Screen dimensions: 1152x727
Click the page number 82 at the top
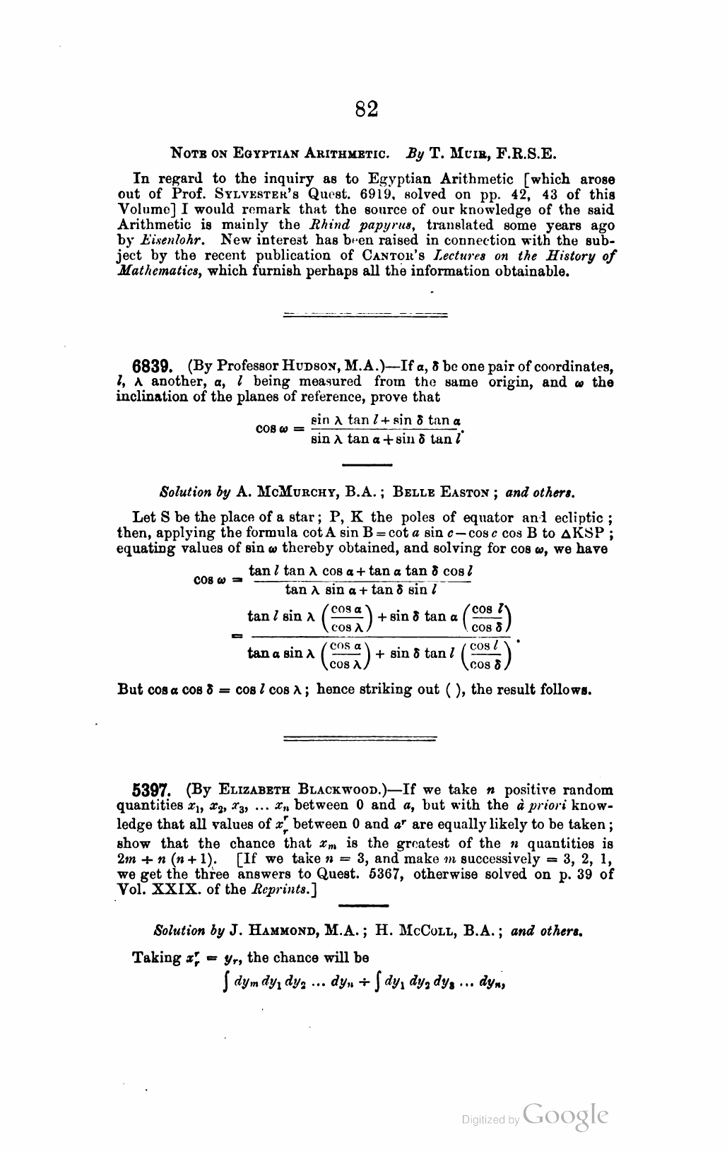[366, 109]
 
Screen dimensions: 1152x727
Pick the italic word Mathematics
[153, 272]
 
